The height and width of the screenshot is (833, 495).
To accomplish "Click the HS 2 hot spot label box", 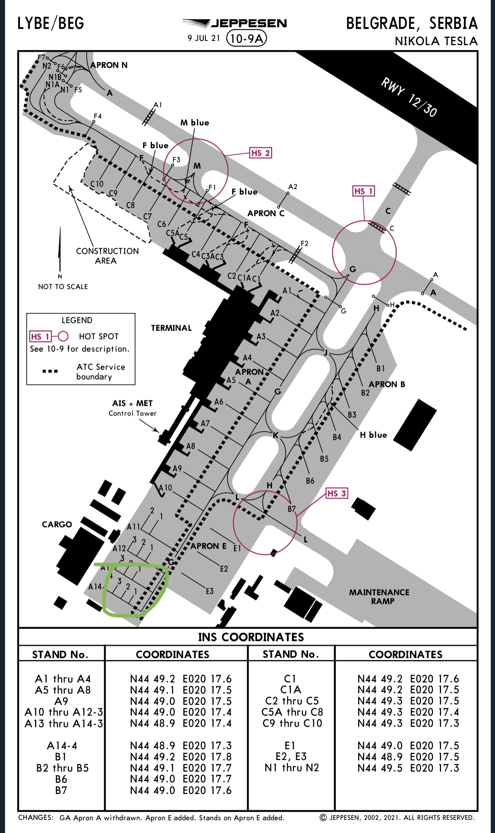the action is pyautogui.click(x=261, y=153).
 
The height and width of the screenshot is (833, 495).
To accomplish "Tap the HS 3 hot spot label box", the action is pyautogui.click(x=337, y=493).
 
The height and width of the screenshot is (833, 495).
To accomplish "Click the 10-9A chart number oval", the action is pyautogui.click(x=247, y=38).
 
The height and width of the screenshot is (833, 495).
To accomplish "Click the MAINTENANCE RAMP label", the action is pyautogui.click(x=379, y=596).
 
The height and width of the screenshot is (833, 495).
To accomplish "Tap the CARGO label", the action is pyautogui.click(x=57, y=524).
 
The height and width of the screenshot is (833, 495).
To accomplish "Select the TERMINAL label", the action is pyautogui.click(x=171, y=328).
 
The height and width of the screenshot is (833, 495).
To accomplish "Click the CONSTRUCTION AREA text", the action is pyautogui.click(x=107, y=256).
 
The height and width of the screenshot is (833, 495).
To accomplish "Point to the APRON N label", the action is pyautogui.click(x=109, y=65).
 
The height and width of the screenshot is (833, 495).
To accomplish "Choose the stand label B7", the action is pyautogui.click(x=291, y=509).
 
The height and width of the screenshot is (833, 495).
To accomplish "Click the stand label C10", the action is pyautogui.click(x=97, y=184).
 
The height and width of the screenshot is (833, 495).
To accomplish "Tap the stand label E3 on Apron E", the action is pyautogui.click(x=209, y=591).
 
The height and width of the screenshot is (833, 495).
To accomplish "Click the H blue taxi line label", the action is pyautogui.click(x=373, y=435).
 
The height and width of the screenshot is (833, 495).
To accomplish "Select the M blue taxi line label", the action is pyautogui.click(x=195, y=123).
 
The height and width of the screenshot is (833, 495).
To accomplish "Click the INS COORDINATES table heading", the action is pyautogui.click(x=251, y=637).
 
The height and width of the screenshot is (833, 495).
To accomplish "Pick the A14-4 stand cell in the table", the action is pyautogui.click(x=62, y=746).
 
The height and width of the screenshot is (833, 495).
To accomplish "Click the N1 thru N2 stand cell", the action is pyautogui.click(x=292, y=768).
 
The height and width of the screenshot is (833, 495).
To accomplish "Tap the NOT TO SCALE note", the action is pyautogui.click(x=63, y=287).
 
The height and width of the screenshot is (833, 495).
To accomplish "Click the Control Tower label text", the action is pyautogui.click(x=133, y=413).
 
